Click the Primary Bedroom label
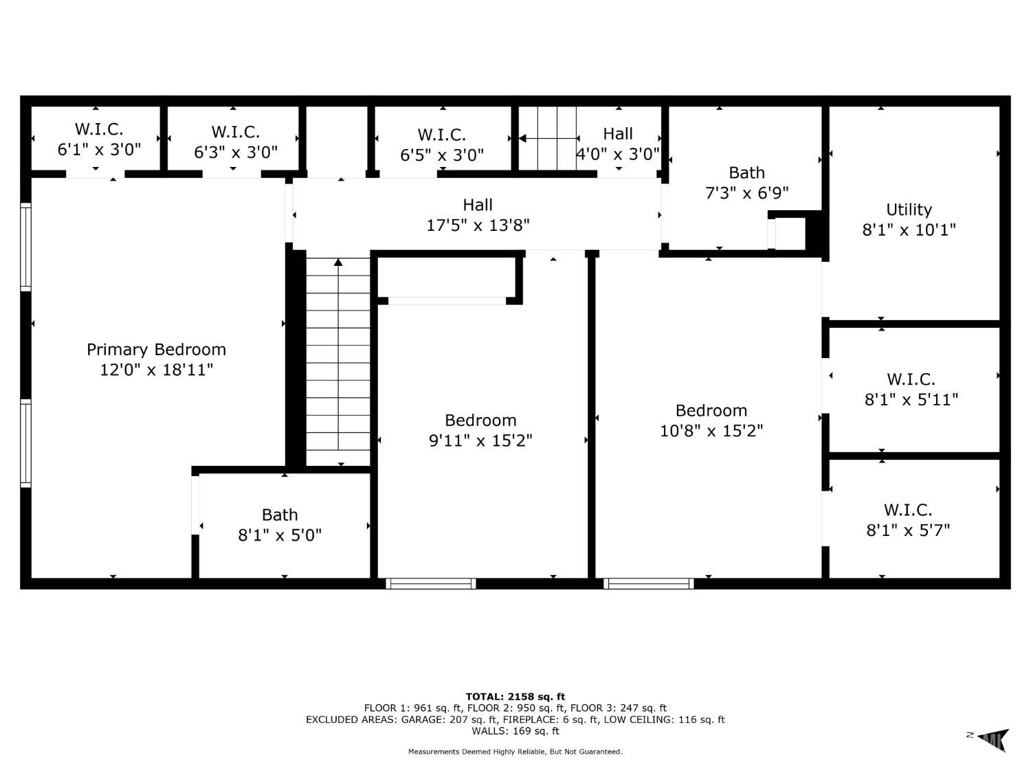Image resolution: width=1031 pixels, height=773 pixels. (x=157, y=350)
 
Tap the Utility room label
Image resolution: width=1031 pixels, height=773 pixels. (x=909, y=210)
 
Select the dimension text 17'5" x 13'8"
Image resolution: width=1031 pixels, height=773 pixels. (x=478, y=225)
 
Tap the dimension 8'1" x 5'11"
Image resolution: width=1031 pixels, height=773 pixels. (x=911, y=399)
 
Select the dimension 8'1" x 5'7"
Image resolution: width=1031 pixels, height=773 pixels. (x=908, y=530)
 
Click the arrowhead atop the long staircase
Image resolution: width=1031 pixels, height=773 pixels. (x=338, y=262)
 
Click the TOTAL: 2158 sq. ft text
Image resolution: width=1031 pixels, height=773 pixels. (x=515, y=697)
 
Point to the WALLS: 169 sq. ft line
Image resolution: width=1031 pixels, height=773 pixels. (x=515, y=731)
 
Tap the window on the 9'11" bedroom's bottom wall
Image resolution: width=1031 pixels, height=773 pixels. (x=431, y=583)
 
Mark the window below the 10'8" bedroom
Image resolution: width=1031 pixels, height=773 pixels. (x=648, y=583)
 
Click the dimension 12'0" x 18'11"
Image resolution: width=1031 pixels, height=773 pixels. (x=157, y=370)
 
